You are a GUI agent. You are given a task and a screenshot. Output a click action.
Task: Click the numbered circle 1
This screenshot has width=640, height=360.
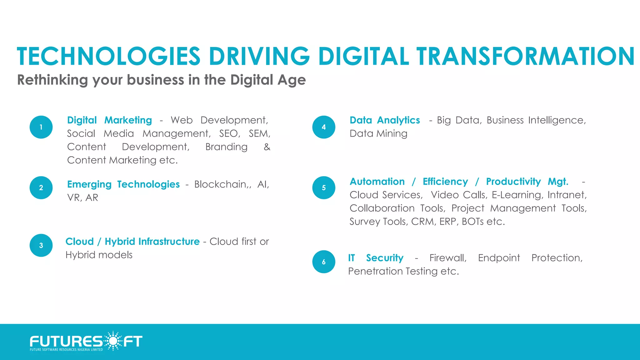pos(41,127)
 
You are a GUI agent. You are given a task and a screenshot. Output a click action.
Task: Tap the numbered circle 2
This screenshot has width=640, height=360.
pos(41,188)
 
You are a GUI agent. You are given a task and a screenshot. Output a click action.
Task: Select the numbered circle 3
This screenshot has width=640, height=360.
pos(41,245)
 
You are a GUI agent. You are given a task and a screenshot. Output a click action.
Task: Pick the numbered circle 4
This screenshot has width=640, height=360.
pos(324,127)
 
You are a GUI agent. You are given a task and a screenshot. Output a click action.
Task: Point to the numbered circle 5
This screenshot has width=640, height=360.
pos(324,188)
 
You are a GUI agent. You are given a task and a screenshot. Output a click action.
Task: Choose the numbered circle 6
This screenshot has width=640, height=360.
pos(324,262)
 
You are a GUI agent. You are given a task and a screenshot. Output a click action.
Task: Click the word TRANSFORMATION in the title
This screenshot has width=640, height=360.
pos(525,57)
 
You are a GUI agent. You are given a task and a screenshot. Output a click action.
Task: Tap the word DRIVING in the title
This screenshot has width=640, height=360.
pos(259,57)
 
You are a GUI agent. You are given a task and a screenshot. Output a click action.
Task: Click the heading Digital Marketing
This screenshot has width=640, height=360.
pos(109,120)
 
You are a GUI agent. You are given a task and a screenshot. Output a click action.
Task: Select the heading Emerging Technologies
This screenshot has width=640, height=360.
pos(123,184)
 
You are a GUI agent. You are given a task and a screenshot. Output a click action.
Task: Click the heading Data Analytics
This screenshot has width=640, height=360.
pos(385,120)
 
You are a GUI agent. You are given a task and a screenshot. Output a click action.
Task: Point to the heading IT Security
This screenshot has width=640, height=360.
pos(376,258)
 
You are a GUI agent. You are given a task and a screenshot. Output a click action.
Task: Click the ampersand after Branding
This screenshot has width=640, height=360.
pos(267,147)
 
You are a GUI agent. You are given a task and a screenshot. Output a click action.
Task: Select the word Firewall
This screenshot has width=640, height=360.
pos(448,258)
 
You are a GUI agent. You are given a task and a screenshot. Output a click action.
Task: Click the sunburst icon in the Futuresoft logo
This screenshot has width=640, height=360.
pos(113,341)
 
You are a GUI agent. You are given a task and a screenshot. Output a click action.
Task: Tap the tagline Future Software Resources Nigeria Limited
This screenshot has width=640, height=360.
pos(66,350)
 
